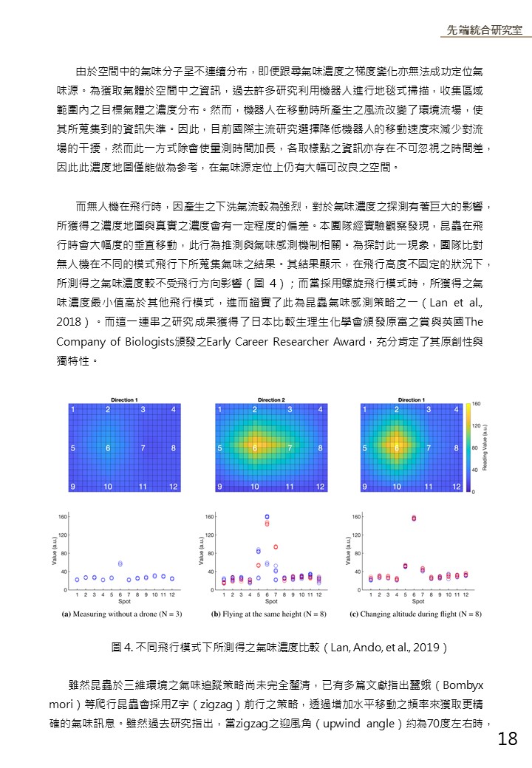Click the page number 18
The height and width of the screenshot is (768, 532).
click(x=508, y=738)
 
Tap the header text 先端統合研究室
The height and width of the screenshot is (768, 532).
click(x=484, y=30)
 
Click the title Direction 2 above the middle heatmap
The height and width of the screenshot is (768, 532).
click(x=271, y=400)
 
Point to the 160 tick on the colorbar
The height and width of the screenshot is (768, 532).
click(x=476, y=404)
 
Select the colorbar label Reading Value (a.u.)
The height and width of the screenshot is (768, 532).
click(x=485, y=448)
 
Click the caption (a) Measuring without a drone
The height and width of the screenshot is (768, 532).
click(x=122, y=614)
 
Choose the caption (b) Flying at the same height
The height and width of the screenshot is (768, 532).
click(x=269, y=614)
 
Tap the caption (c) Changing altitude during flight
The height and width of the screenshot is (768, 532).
click(x=415, y=614)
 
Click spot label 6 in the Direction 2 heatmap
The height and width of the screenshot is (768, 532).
click(x=255, y=448)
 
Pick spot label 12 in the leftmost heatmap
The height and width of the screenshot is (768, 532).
click(x=173, y=487)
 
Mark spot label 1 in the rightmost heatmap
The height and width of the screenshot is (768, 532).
click(x=364, y=409)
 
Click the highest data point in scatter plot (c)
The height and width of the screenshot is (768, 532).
click(x=414, y=518)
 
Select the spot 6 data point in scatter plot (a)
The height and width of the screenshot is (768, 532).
click(x=120, y=563)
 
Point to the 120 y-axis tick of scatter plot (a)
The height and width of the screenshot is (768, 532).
click(x=63, y=535)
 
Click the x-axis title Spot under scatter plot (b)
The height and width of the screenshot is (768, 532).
click(x=271, y=601)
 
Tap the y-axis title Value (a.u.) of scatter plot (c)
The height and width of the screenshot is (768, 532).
click(x=348, y=551)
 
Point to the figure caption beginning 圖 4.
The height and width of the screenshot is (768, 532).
click(x=279, y=648)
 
